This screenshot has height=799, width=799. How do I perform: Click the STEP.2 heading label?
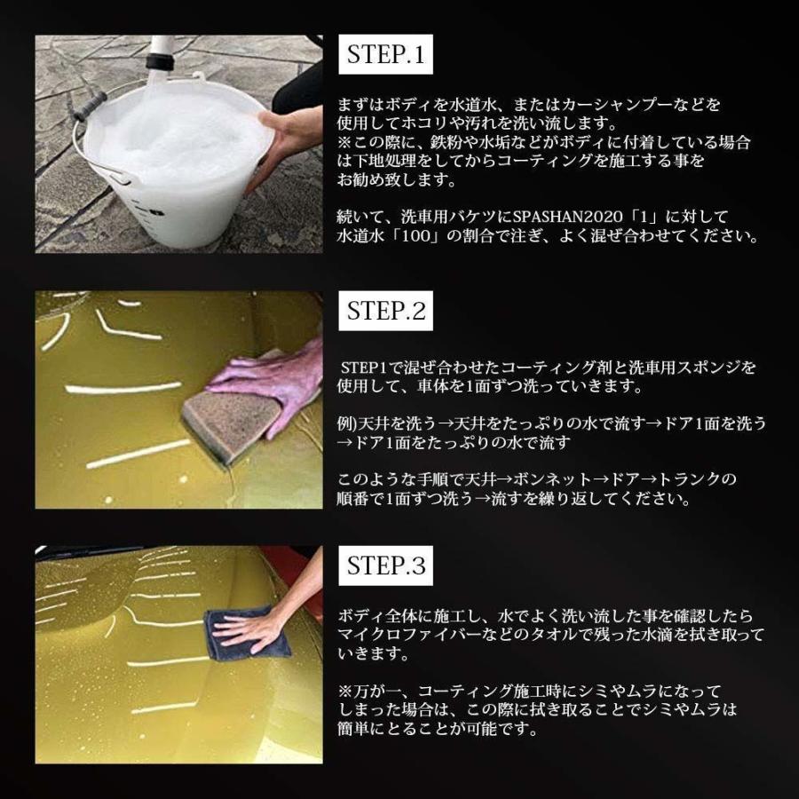coord(386,311)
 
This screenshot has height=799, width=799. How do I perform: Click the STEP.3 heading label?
coord(386,566)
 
